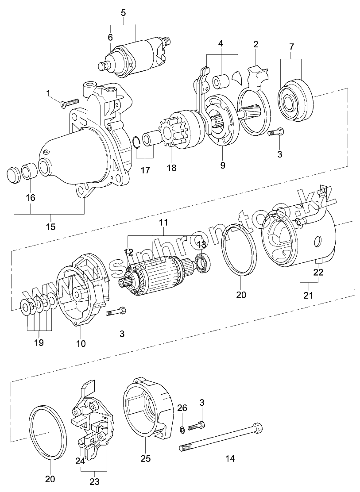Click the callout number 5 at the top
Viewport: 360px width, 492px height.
[124, 12]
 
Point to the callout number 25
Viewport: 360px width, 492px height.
[145, 459]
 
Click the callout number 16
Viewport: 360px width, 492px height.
[30, 197]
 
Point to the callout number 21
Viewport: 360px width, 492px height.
[308, 295]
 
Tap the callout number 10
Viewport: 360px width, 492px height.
[81, 343]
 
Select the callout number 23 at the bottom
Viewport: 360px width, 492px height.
[94, 481]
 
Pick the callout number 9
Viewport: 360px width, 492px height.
[222, 165]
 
